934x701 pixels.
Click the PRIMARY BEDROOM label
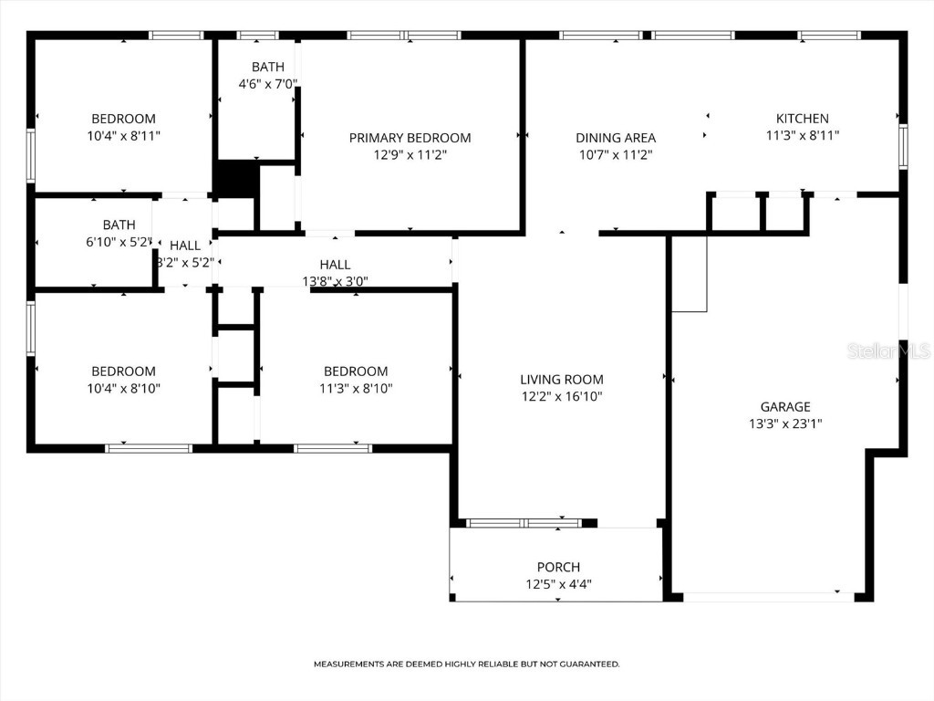[410, 138]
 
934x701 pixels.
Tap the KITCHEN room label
[802, 119]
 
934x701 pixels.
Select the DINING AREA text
[616, 138]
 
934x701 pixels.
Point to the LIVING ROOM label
[561, 380]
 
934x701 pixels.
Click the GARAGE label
[785, 407]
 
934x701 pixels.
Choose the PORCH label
[558, 568]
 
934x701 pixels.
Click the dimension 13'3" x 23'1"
[785, 424]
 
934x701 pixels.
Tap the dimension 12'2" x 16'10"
[561, 396]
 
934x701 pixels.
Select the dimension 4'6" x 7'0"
[267, 84]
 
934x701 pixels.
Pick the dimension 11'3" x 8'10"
[356, 388]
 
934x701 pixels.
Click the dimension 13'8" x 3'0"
[335, 281]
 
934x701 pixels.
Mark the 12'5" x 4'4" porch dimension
[558, 584]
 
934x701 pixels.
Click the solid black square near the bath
[235, 179]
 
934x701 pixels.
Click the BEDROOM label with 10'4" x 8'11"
[123, 119]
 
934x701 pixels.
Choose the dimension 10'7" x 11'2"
[616, 155]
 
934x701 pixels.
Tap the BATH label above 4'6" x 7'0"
[267, 67]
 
